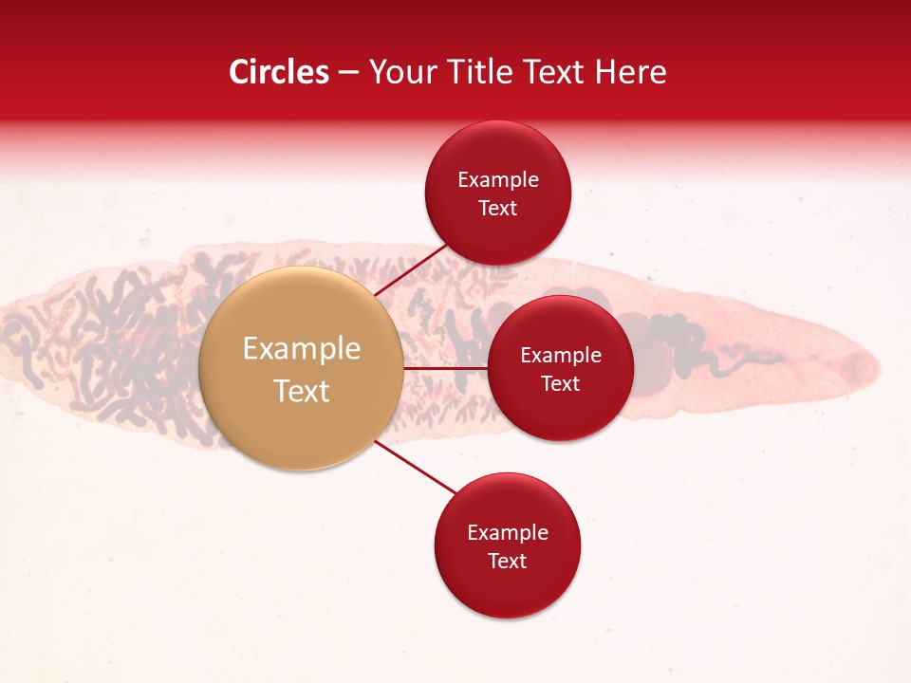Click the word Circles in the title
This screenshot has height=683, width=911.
click(279, 72)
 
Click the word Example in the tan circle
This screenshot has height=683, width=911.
click(302, 349)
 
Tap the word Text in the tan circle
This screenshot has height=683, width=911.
click(302, 391)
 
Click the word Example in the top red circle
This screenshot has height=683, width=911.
click(498, 180)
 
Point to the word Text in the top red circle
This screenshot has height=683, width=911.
click(498, 209)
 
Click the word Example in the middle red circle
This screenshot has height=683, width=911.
click(561, 356)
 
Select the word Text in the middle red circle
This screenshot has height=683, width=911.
click(561, 384)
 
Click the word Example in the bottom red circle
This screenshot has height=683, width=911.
click(508, 533)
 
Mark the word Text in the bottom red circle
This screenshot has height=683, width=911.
click(508, 562)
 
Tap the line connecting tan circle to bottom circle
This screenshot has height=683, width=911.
click(416, 467)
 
